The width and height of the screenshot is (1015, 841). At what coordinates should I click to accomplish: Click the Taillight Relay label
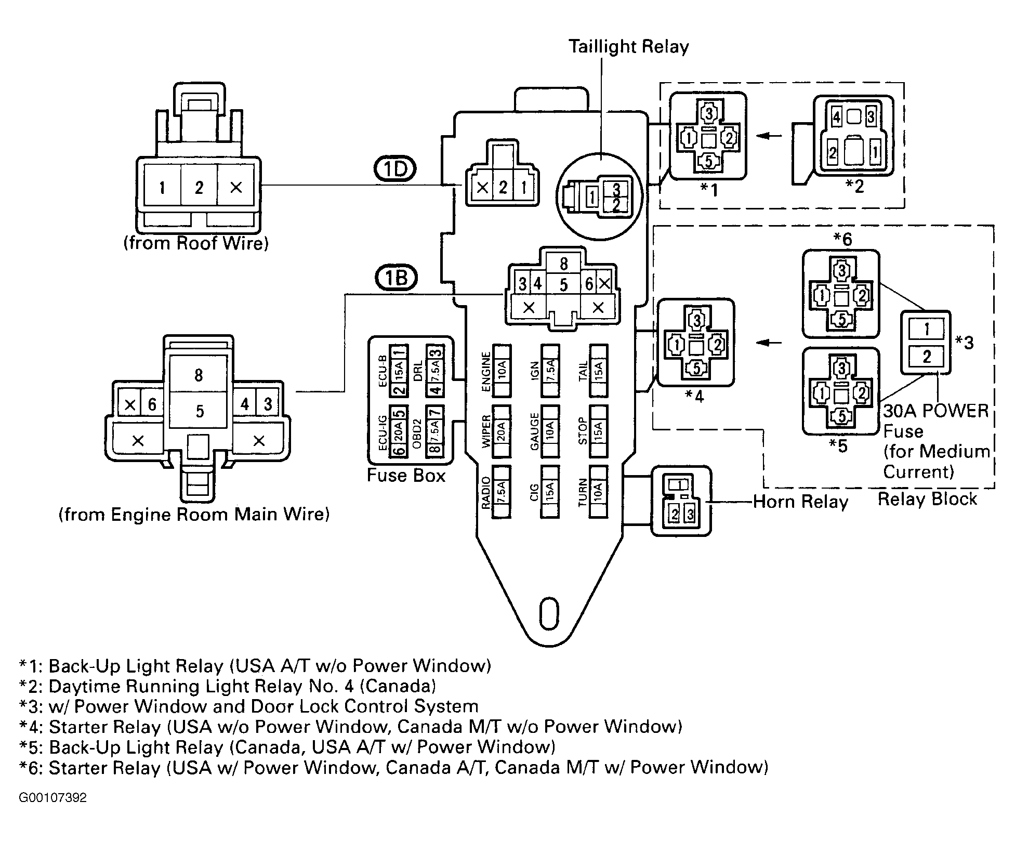[x=628, y=47]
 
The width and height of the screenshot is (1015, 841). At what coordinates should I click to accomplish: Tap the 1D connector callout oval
[x=395, y=169]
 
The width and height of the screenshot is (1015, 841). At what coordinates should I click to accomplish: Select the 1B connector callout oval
[x=396, y=278]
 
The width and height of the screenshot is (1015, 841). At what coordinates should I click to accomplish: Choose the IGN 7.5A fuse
[x=550, y=371]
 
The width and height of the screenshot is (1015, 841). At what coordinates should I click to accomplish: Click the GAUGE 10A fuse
[x=550, y=431]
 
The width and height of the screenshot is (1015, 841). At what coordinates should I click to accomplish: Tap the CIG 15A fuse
[x=550, y=492]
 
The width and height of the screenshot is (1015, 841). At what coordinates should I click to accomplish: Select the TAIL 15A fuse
[x=598, y=371]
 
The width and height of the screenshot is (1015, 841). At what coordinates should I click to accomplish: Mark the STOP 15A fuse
[x=598, y=431]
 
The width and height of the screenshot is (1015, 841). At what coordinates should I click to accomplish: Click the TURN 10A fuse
[x=598, y=492]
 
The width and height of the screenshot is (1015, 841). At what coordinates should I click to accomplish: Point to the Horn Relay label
[x=800, y=502]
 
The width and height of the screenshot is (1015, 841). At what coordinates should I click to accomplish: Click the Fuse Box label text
[x=406, y=476]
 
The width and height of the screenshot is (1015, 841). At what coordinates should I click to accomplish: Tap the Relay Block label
[x=927, y=499]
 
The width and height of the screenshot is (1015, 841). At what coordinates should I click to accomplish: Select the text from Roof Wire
[x=196, y=243]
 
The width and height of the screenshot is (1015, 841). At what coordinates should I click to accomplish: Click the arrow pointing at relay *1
[x=769, y=136]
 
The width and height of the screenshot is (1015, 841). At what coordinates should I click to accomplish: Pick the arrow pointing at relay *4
[x=769, y=343]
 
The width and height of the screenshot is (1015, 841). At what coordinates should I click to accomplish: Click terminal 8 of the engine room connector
[x=198, y=375]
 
